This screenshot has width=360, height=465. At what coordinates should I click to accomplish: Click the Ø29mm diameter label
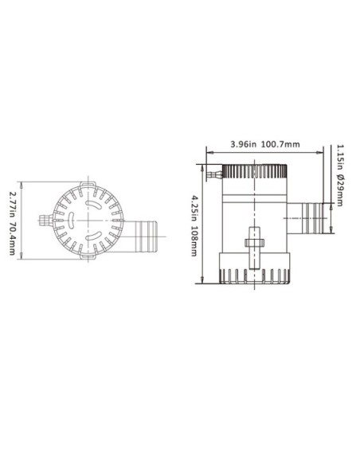pos(340,190)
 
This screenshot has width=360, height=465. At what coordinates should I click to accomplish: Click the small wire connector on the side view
pos(213,171)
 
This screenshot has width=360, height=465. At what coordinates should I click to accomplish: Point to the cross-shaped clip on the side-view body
pos(256,240)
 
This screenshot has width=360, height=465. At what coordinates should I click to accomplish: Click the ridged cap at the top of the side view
pos(254,170)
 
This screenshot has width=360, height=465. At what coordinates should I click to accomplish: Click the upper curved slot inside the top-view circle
pos(96,204)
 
